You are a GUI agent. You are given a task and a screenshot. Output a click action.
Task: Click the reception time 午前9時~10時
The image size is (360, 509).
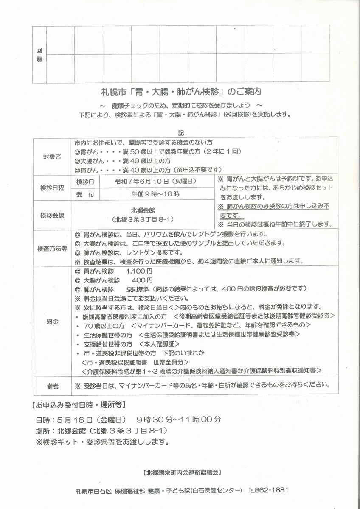156,194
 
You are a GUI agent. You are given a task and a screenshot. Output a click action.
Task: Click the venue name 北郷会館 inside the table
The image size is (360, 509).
143,210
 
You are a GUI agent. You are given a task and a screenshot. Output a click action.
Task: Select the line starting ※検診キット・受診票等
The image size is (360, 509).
102,442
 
